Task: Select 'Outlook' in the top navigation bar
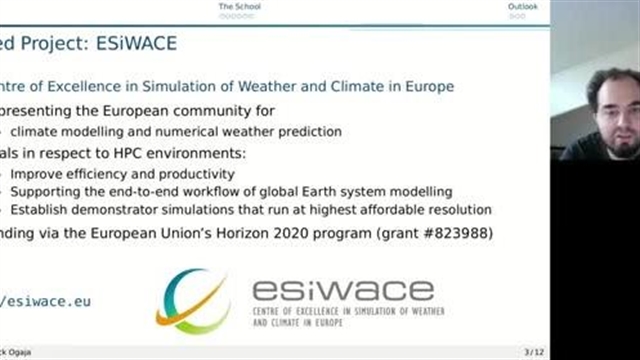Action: (522, 7)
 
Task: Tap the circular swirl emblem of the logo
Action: (193, 300)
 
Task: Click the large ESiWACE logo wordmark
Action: (342, 291)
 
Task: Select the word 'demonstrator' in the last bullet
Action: (116, 209)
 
